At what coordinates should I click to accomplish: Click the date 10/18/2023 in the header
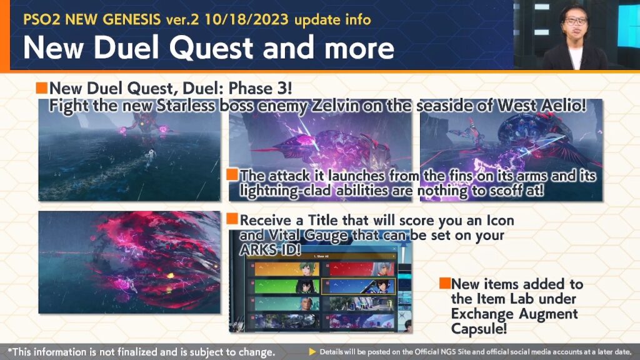click(x=246, y=19)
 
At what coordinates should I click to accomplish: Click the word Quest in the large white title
click(x=211, y=47)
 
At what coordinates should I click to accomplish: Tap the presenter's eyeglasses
click(x=576, y=21)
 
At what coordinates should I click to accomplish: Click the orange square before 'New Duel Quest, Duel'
click(x=42, y=87)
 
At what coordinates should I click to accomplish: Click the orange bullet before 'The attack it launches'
click(x=232, y=175)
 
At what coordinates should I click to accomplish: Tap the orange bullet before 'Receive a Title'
click(x=232, y=219)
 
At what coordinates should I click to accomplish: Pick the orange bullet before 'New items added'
click(x=445, y=283)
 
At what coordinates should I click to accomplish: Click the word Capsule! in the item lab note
click(x=479, y=329)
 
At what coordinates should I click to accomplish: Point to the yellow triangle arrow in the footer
click(x=312, y=352)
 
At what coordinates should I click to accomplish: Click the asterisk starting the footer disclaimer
click(x=10, y=350)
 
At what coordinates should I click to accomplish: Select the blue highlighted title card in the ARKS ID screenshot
click(x=358, y=286)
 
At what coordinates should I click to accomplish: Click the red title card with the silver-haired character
click(x=359, y=269)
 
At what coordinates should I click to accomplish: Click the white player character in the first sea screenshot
click(x=151, y=156)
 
